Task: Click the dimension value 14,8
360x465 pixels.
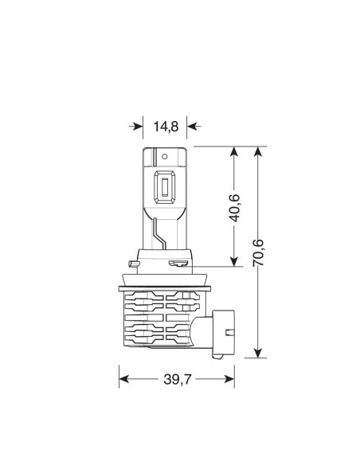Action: pos(166,125)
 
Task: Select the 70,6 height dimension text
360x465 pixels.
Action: pos(258,254)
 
